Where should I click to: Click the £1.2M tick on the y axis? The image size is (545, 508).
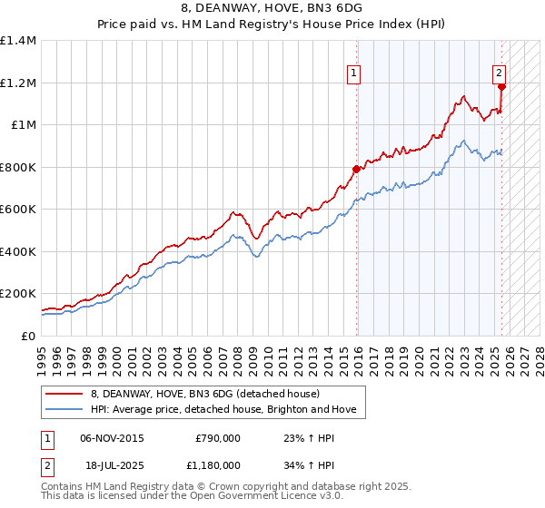click(x=18, y=83)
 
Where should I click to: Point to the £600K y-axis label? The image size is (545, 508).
click(x=17, y=210)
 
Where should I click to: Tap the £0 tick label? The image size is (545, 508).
click(x=27, y=336)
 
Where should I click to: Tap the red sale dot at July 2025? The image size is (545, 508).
click(x=502, y=87)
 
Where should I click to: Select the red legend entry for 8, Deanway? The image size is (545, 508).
click(x=204, y=394)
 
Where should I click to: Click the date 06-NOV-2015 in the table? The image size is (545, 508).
click(x=112, y=438)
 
